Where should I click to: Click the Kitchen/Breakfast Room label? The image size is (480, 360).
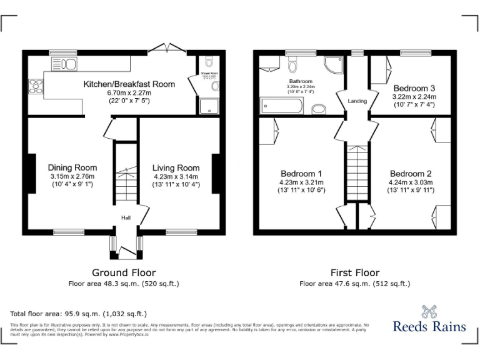click(x=129, y=84)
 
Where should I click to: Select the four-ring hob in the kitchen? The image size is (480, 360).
click(x=35, y=86)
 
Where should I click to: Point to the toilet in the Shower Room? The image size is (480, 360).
click(x=209, y=62)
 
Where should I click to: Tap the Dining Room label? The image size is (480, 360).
click(x=72, y=167)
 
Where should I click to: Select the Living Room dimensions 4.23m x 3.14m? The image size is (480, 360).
click(x=176, y=176)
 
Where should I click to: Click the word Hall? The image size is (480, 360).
click(x=126, y=217)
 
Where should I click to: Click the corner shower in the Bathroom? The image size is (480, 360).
click(x=333, y=65)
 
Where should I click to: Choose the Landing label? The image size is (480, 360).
click(x=357, y=101)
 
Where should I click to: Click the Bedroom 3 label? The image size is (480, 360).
click(x=414, y=88)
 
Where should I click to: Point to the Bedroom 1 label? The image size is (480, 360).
click(x=301, y=173)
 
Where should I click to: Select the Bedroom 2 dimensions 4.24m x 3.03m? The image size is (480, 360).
click(x=411, y=182)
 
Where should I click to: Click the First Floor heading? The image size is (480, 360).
click(x=355, y=272)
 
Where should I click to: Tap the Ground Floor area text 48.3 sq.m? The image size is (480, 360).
click(x=124, y=284)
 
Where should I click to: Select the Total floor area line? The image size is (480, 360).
click(x=79, y=314)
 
